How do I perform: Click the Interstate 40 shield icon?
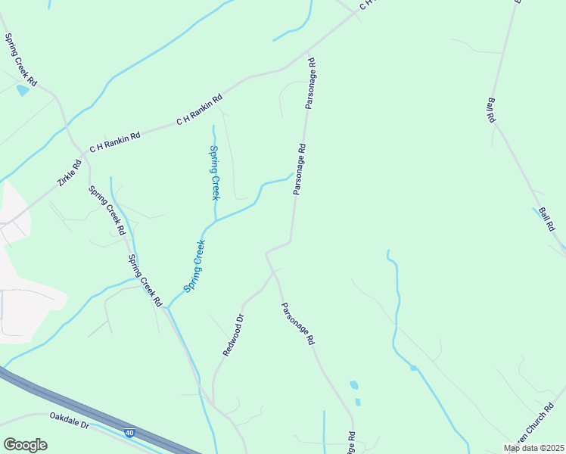click(x=130, y=431)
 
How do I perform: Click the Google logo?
click(x=25, y=444)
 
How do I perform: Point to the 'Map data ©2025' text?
click(x=534, y=448)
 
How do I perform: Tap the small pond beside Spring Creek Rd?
click(x=23, y=91)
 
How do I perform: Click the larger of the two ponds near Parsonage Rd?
click(x=354, y=385)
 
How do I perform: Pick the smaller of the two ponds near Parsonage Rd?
click(x=358, y=402)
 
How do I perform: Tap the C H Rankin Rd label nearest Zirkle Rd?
click(x=115, y=142)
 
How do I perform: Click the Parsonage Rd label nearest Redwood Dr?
click(x=297, y=324)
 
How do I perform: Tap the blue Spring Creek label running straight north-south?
click(x=214, y=172)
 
